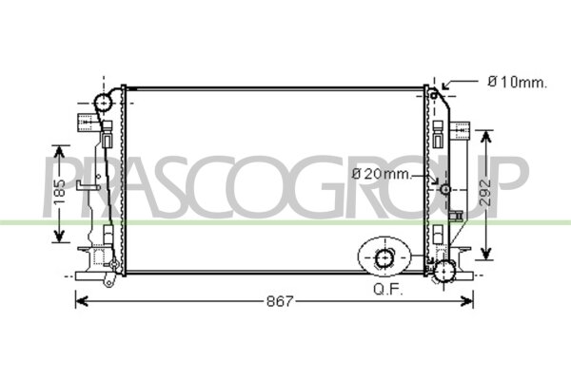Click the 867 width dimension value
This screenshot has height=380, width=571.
tap(279, 301)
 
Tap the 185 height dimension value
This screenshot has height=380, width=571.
tap(59, 191)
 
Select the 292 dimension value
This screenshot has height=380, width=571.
tap(486, 193)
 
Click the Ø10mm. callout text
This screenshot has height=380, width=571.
tap(517, 83)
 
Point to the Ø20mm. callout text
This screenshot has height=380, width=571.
tap(382, 174)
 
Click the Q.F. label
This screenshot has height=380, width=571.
tap(388, 290)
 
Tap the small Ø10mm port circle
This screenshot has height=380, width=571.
tap(433, 96)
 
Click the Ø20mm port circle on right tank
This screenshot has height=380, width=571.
tap(445, 189)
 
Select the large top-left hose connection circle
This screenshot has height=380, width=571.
tap(104, 103)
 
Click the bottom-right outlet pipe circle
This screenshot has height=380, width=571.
tap(444, 272)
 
